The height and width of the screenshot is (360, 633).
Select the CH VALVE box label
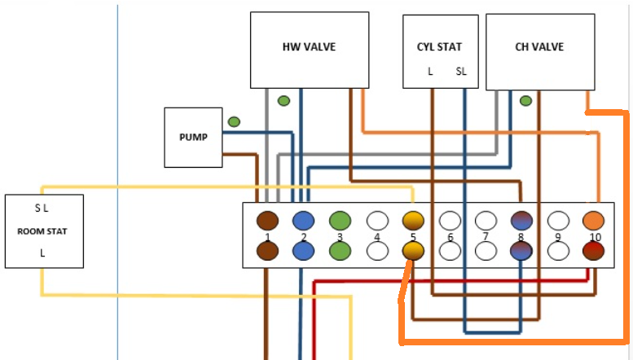coord(539,47)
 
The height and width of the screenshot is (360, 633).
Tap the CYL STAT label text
coord(439,47)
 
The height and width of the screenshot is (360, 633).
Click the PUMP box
coord(193,137)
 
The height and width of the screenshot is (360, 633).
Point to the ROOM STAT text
coord(42,231)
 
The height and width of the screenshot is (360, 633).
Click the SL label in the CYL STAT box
coord(462,72)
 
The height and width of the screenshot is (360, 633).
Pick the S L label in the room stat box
coord(42,209)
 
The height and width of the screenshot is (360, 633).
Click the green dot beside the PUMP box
coord(234,122)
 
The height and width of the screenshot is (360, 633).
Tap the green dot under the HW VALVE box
coord(284,101)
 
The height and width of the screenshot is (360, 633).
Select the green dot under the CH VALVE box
coord(525,101)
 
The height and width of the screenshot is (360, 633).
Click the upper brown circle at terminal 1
coord(267,220)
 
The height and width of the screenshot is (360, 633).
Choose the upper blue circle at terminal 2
coord(303,220)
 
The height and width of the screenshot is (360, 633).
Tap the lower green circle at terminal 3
coord(340,251)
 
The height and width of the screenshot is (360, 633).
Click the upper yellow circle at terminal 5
coord(413,220)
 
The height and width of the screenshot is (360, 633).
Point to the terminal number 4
coord(376,237)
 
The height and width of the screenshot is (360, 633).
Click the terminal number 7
coord(486,236)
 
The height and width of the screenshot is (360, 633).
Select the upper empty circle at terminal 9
coord(558,220)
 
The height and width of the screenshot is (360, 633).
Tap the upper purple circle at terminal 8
coord(522,220)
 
